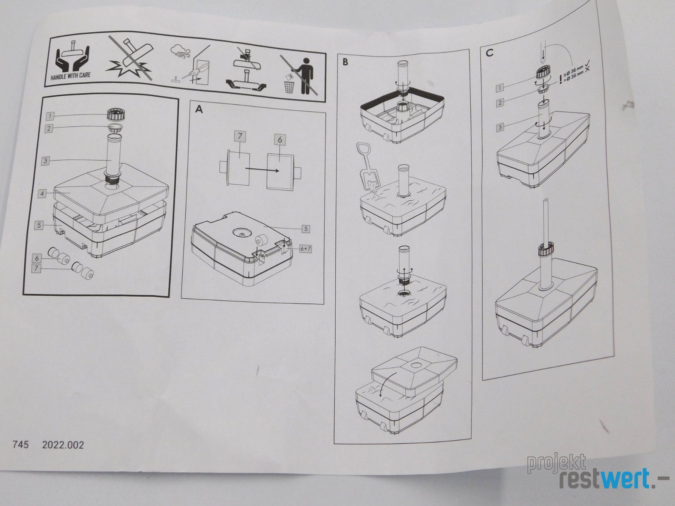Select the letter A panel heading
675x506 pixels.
click(199, 109)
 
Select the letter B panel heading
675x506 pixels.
click(345, 62)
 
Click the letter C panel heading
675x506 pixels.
click(489, 53)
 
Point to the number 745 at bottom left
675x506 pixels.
click(21, 445)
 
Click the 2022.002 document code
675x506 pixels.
click(63, 445)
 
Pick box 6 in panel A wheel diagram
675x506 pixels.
click(279, 140)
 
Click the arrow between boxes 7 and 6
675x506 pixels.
click(262, 170)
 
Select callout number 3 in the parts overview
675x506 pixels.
click(45, 161)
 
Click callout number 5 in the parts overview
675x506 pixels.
click(39, 226)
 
